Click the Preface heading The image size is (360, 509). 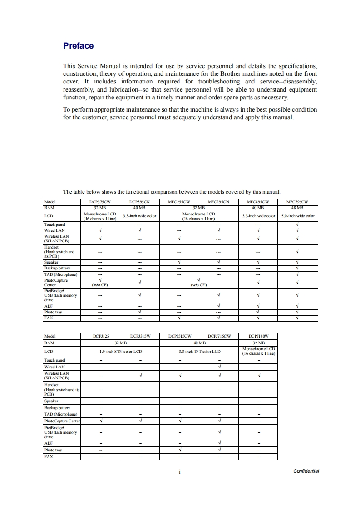78,46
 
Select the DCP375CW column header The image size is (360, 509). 100,201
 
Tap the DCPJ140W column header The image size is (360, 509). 258,336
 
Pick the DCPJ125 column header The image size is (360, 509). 100,336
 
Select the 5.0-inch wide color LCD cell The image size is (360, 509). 297,216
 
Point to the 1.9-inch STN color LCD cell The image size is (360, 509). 120,351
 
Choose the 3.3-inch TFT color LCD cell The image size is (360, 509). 199,351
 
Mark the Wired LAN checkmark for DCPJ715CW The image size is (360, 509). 219,367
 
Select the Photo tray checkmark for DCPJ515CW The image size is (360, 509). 179,450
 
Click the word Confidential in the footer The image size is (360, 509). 306,471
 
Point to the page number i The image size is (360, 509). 180,471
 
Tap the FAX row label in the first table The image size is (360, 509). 48,318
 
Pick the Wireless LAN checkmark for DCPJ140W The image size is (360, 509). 258,375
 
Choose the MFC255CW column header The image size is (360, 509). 179,201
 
